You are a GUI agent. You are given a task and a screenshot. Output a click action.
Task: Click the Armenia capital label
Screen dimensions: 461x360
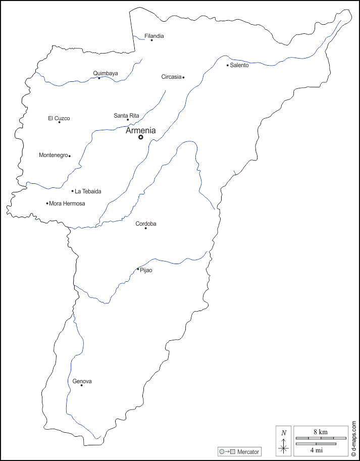pyautogui.click(x=140, y=130)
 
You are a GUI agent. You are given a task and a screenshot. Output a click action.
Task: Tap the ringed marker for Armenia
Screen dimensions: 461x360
pyautogui.click(x=141, y=137)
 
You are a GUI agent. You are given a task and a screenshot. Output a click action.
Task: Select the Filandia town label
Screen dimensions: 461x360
pyautogui.click(x=154, y=36)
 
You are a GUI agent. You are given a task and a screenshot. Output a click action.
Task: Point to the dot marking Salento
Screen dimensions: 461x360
pyautogui.click(x=228, y=65)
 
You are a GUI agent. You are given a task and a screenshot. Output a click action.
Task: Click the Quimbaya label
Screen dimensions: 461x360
pyautogui.click(x=106, y=73)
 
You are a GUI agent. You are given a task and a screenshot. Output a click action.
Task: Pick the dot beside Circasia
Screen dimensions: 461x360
pyautogui.click(x=183, y=77)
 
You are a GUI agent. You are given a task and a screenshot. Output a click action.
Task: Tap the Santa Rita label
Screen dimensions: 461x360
pyautogui.click(x=126, y=116)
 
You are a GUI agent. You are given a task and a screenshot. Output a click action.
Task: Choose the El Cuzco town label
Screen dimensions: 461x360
pyautogui.click(x=59, y=118)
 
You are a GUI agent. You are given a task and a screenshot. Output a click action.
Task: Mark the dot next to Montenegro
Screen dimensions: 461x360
pyautogui.click(x=69, y=156)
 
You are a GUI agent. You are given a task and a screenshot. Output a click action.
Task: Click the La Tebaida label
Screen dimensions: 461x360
pyautogui.click(x=88, y=191)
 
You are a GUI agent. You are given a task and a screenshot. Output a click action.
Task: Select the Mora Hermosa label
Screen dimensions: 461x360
pyautogui.click(x=67, y=203)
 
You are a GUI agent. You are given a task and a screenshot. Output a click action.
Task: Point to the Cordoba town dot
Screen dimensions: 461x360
pyautogui.click(x=146, y=228)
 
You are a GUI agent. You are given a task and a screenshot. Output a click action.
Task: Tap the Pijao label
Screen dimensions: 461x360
pyautogui.click(x=146, y=270)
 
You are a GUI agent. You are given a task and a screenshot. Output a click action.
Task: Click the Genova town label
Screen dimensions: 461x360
pyautogui.click(x=82, y=381)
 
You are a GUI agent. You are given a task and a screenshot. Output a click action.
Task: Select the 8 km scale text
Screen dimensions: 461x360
pyautogui.click(x=321, y=432)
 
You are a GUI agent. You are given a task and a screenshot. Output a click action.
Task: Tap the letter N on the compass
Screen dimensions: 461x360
pyautogui.click(x=284, y=432)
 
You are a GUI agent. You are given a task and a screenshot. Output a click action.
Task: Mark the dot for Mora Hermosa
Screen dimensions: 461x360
pyautogui.click(x=47, y=203)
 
